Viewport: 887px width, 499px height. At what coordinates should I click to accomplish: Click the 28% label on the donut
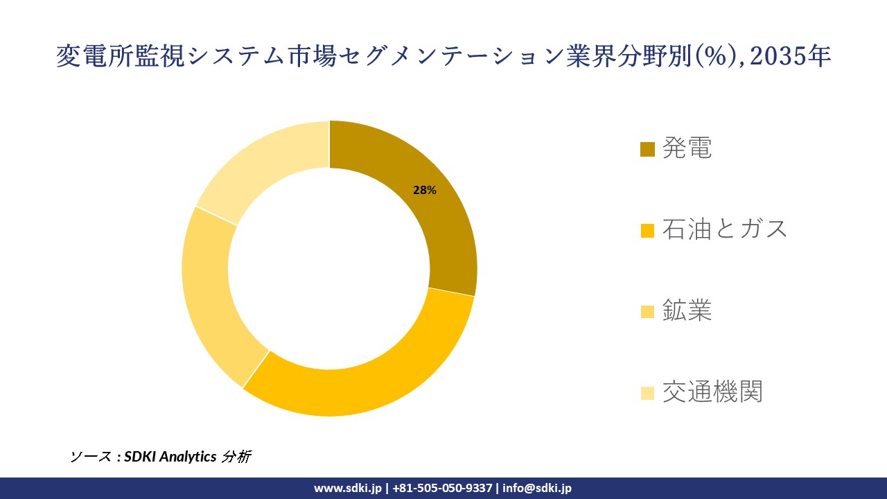pos(425,191)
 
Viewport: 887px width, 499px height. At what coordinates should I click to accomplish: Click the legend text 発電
pos(687,148)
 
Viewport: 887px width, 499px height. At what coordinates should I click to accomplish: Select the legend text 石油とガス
pos(725,229)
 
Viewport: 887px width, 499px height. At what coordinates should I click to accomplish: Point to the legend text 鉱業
pos(687,311)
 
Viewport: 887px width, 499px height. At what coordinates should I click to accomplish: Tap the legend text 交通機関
pos(712,392)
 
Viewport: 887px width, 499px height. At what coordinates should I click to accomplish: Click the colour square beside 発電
pos(647,149)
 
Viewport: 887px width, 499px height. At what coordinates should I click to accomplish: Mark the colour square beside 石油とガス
pos(647,230)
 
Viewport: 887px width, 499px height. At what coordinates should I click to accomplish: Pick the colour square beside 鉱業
pos(647,312)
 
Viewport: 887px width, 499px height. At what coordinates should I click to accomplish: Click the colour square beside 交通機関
pos(647,393)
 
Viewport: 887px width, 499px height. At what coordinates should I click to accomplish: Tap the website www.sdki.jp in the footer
pos(348,488)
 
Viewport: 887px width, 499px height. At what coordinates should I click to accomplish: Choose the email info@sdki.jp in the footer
pos(537,488)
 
